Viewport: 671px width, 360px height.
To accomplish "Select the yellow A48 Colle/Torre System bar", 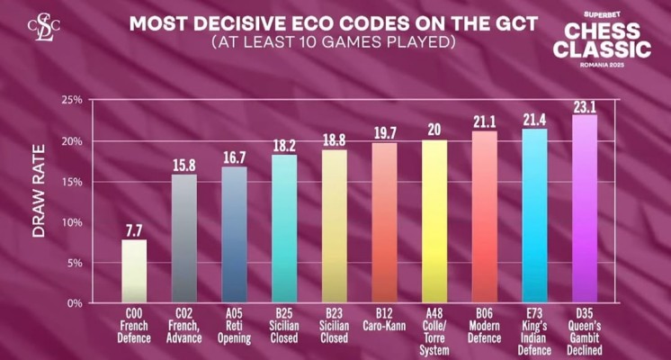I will click(434, 221).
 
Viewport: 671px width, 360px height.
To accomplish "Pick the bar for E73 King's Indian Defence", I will click(534, 216).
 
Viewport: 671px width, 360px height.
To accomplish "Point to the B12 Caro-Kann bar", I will click(384, 223).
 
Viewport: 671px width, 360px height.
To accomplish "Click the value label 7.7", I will click(134, 231).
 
